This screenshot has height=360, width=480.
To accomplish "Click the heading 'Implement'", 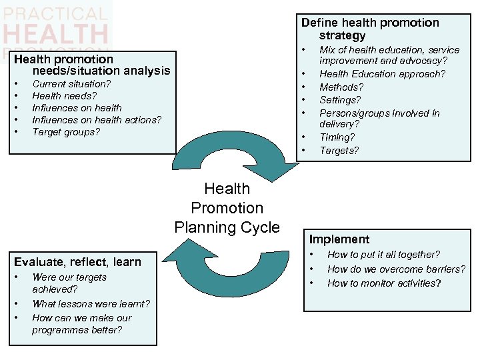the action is (339, 239).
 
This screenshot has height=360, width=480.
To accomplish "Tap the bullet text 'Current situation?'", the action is (71, 84).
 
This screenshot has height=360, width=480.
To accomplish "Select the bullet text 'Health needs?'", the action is (64, 96).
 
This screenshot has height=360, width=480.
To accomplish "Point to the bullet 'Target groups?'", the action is (66, 132).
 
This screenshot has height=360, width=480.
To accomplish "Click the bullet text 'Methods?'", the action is (341, 87).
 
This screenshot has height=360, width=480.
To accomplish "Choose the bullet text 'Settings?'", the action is (340, 100).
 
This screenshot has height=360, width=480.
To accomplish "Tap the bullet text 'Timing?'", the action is (337, 137).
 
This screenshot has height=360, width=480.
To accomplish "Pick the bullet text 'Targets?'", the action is (339, 151).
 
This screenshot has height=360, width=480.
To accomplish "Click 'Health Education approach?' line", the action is (382, 74).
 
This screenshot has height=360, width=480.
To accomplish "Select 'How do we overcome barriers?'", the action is (396, 269).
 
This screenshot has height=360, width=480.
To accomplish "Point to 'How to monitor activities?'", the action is (384, 283).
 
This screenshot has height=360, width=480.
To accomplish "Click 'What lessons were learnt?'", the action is (91, 304).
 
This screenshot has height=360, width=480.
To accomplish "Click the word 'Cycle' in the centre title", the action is (257, 227).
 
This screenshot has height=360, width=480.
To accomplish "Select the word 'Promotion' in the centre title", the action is (227, 208).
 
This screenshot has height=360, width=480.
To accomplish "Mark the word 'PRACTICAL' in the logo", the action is (55, 13).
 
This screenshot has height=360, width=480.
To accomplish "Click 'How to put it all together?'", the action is (383, 255).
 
